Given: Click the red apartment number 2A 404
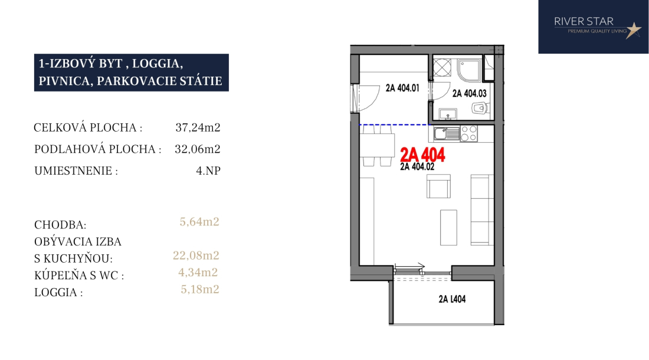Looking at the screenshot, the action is coord(422,155).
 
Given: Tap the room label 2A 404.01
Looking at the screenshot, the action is coord(402,88).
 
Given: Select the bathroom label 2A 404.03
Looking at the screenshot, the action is coord(469,93).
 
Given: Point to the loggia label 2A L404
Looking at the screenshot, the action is coord(452,299).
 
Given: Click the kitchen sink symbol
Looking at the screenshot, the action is coord(447,133).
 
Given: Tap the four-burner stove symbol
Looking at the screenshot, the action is coord(469,133).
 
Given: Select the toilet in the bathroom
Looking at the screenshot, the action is coord(480,109).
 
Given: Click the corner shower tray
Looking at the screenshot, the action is coord(470,70).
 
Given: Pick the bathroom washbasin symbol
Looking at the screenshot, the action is coord(447,113).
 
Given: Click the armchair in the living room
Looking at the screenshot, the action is coord(439,186).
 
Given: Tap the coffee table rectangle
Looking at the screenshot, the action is coord(448,228).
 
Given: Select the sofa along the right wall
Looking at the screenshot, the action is coord(482,210).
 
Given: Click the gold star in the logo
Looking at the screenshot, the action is coord(633,30).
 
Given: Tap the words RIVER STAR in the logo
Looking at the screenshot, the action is coord(584,21).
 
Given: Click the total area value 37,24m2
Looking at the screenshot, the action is coord(198,127).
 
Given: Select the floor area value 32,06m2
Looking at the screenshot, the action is coord(198,149).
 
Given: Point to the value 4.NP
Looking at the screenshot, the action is coord(208,171).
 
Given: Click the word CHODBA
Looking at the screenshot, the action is coord(60,225).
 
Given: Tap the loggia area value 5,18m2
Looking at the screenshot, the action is coord(200,289).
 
